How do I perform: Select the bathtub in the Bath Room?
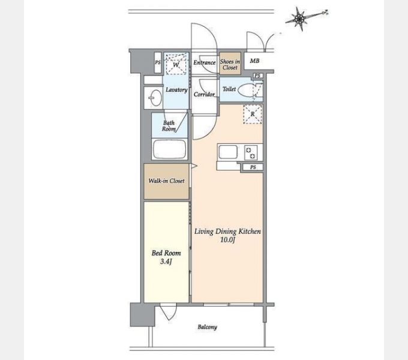[x=169, y=149]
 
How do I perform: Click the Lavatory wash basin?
[x=155, y=98]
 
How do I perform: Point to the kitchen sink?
[x=228, y=152]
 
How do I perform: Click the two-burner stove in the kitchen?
[x=251, y=152]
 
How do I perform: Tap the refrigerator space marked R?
[x=253, y=114]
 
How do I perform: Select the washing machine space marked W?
[x=176, y=64]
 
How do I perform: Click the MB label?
[x=254, y=61]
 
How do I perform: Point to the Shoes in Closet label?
[x=230, y=65]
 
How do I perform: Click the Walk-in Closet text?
[x=167, y=181]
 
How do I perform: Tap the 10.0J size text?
[x=227, y=240]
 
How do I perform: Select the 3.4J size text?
[x=166, y=262]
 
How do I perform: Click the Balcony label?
[x=208, y=327]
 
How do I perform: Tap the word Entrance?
[x=205, y=62]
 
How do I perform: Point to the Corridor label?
[x=204, y=94]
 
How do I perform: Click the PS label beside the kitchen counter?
[x=253, y=167]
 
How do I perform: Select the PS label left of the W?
[x=158, y=62]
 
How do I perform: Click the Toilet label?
[x=229, y=89]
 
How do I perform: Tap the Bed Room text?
[x=166, y=253]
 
